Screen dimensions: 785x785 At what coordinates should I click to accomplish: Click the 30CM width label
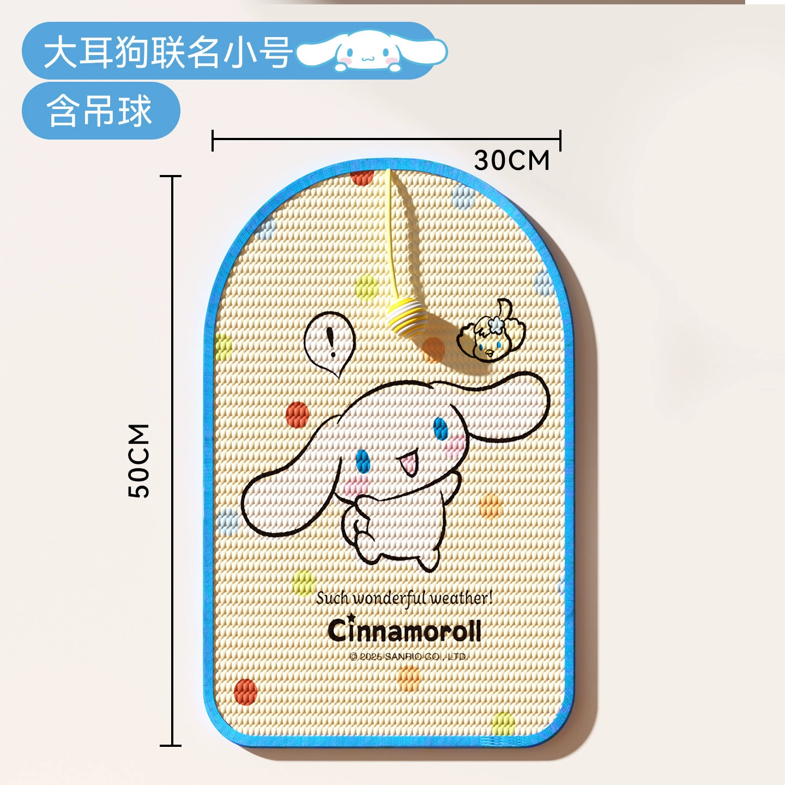[512, 160]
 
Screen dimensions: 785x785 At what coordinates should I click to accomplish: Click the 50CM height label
[138, 460]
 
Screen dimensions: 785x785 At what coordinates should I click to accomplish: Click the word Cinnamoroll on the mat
[404, 631]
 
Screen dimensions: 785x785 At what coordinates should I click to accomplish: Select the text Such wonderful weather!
[404, 598]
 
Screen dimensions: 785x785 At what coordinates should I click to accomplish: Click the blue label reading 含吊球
[101, 111]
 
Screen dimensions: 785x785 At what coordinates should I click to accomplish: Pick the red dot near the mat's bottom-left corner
[246, 692]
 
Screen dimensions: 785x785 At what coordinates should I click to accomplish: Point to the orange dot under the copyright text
[409, 679]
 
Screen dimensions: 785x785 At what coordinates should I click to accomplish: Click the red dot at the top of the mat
[362, 178]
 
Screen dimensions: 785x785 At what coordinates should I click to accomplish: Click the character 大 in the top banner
[60, 52]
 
